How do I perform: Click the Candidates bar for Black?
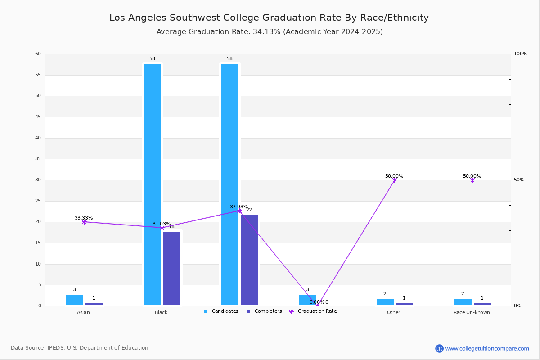click(x=153, y=184)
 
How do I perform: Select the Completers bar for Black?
click(x=172, y=268)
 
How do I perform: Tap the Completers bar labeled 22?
click(x=249, y=260)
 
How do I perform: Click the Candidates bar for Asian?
click(x=75, y=300)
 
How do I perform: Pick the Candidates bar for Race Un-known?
click(x=463, y=302)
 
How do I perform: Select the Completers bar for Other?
click(x=405, y=304)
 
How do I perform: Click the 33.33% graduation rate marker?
click(x=84, y=222)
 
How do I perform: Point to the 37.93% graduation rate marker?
click(x=239, y=211)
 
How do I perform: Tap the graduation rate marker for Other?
click(x=395, y=180)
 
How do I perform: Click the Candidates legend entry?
click(x=221, y=311)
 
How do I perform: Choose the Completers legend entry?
click(x=264, y=311)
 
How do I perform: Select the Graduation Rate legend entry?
click(x=313, y=311)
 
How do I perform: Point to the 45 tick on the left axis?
click(x=38, y=117)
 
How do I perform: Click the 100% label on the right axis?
click(x=521, y=54)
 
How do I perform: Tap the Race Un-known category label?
click(x=472, y=312)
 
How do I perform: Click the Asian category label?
click(x=83, y=312)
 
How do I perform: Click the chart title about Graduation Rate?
click(x=269, y=18)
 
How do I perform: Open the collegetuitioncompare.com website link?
click(x=487, y=348)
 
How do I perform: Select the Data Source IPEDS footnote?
click(x=80, y=348)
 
